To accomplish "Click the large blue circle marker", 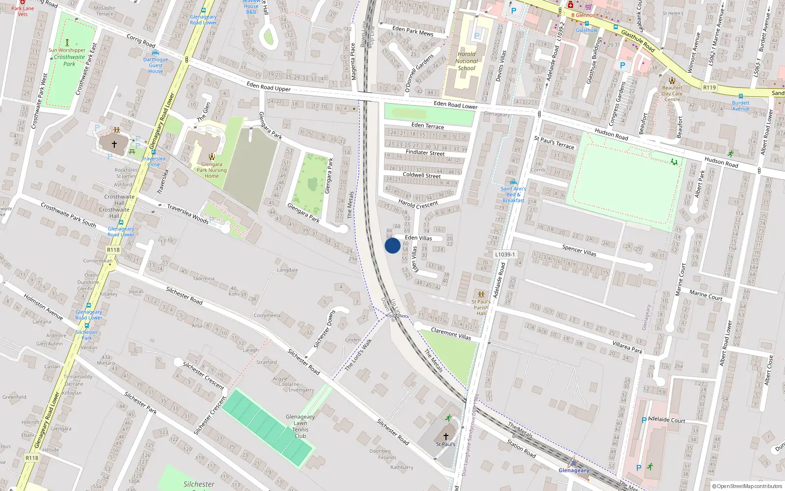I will coord(392,245).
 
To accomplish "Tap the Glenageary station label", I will coord(574,470).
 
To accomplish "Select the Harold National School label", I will coord(467,61).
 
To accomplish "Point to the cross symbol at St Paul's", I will coord(446,436).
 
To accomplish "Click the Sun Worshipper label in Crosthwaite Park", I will coord(67,50).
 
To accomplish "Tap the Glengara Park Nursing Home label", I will coord(211,170).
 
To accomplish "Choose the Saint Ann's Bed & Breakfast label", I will coord(513,194).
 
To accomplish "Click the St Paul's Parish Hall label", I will coord(481,307).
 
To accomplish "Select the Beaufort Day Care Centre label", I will coord(672,93).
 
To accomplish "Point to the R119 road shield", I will coord(709,87).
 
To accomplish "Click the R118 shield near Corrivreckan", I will coord(113,250).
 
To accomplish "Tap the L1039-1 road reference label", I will coord(505,254).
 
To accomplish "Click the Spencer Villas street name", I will coord(579,250).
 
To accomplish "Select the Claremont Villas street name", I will coord(451,334).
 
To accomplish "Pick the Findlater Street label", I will coord(425,153).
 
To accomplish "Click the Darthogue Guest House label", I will coord(156,65).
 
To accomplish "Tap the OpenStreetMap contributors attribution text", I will coord(747,486).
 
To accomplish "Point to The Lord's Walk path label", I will coord(359,355).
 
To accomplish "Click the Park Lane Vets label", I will coord(23,11).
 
